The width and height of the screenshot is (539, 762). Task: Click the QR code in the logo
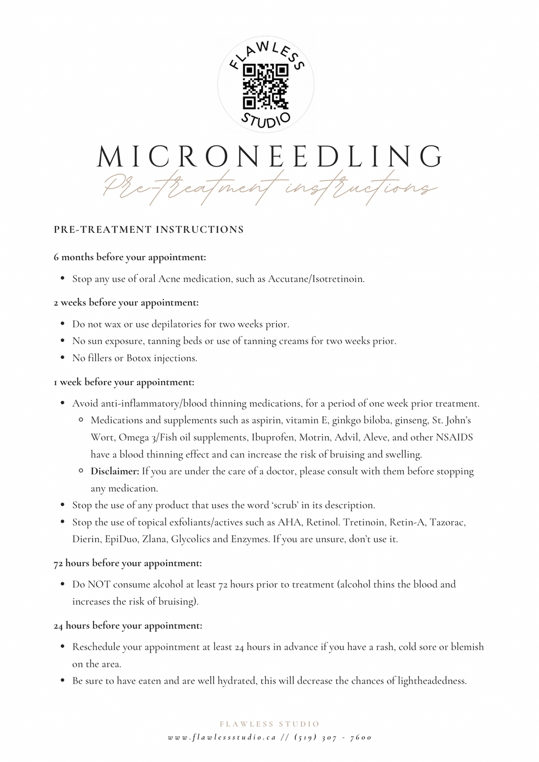266,86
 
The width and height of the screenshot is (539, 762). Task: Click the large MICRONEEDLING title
269,156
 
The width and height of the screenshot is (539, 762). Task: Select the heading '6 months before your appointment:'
130,257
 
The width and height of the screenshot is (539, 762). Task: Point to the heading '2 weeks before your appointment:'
126,302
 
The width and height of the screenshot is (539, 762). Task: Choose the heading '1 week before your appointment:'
124,382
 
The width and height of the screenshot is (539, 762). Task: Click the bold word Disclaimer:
115,471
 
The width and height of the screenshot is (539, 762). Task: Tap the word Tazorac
447,522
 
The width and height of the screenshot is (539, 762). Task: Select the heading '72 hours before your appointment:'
128,563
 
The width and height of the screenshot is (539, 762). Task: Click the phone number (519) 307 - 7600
333,737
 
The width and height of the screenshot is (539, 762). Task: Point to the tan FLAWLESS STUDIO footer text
269,724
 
